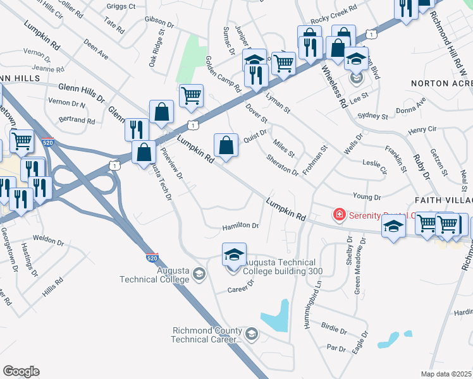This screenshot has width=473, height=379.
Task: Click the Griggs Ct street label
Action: [x=122, y=7]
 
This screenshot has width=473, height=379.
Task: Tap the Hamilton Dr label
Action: [x=240, y=226]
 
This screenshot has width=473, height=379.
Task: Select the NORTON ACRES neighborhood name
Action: [x=441, y=83]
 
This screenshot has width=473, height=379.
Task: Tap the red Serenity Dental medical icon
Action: [x=340, y=215]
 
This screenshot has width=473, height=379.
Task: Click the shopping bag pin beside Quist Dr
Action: [x=226, y=146]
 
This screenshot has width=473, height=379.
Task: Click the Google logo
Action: [x=21, y=371]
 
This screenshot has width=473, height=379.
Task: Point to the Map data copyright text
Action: [x=446, y=374]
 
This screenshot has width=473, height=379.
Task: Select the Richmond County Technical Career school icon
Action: [x=252, y=333]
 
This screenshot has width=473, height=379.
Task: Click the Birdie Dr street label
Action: [x=334, y=329]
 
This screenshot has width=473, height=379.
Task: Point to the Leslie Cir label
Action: [x=374, y=165]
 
